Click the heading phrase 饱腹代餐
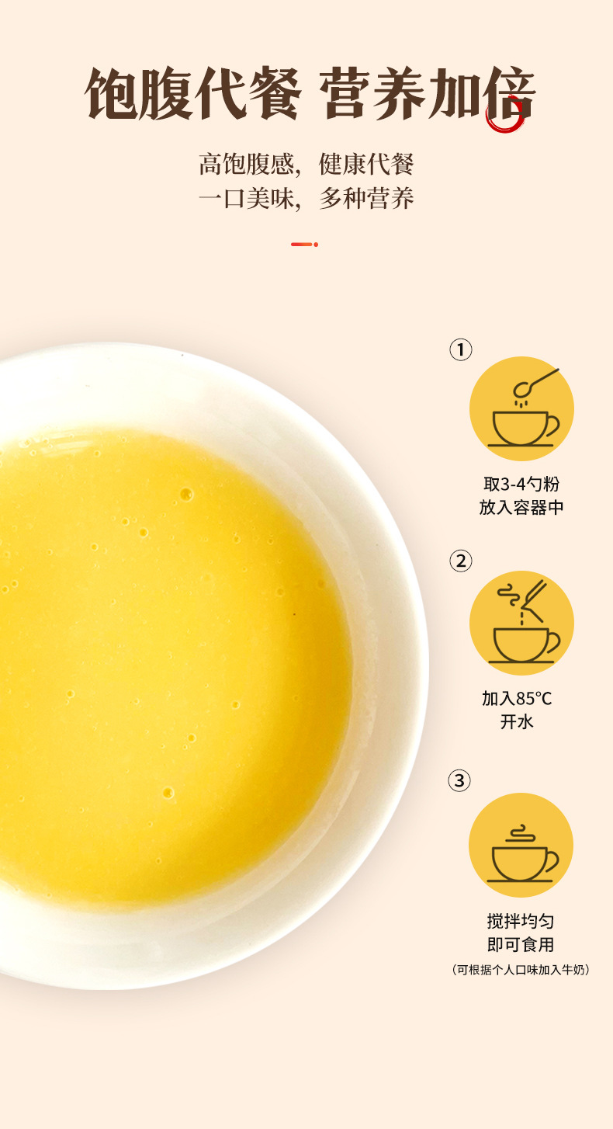pos(193,94)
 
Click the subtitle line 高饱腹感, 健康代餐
pos(306,165)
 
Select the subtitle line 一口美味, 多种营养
pos(306,198)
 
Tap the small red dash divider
pos(304,245)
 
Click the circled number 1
pos(460,349)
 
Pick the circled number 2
pos(460,561)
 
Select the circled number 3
pos(459,780)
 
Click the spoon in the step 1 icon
pos(535,384)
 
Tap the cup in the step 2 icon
pos(525,645)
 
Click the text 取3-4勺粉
pos(521,484)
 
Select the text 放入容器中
pos(521,507)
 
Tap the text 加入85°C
pos(517,699)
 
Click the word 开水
pos(517,722)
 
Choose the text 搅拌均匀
pos(521,921)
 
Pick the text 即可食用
pos(521,944)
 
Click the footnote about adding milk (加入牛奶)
pos(521,969)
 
